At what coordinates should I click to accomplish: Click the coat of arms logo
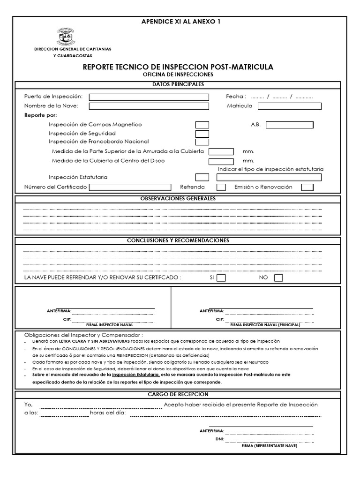coord(66,37)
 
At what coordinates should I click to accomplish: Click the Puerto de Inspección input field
coord(149,97)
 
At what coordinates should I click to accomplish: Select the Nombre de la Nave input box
coord(149,106)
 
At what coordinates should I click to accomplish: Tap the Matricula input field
coord(289,106)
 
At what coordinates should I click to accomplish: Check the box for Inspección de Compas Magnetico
coord(202,125)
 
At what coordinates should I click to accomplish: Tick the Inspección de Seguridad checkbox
coord(202,134)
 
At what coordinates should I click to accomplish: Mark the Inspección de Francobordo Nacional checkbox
coord(202,142)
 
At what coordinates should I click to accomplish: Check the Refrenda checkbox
coord(221,187)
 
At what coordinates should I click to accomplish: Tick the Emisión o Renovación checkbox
coord(307,187)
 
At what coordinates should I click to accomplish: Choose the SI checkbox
coord(221,278)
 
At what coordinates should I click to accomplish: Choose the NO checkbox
coord(278,278)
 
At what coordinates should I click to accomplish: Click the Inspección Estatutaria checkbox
coord(202,177)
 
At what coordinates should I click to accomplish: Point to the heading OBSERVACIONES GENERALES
coord(178,199)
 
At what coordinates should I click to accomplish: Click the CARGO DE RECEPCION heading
coord(178,395)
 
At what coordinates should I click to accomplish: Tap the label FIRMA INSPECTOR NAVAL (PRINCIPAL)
coord(265,325)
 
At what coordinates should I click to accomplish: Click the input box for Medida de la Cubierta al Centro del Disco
coord(221,161)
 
